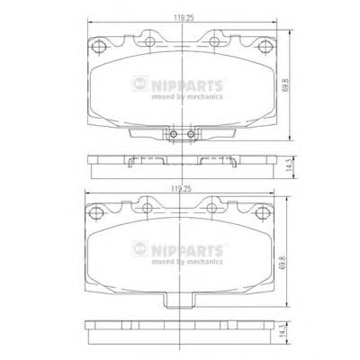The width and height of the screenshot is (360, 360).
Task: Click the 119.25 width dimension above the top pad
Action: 184,18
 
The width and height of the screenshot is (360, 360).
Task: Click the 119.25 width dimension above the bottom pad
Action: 181,189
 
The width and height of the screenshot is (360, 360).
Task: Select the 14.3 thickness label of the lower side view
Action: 283,332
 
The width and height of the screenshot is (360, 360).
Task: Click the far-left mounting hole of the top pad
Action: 99,47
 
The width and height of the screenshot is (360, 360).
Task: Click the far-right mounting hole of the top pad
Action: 265,46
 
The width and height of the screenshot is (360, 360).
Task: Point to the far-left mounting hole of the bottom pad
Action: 96,212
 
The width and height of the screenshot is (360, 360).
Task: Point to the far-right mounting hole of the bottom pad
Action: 263,212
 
